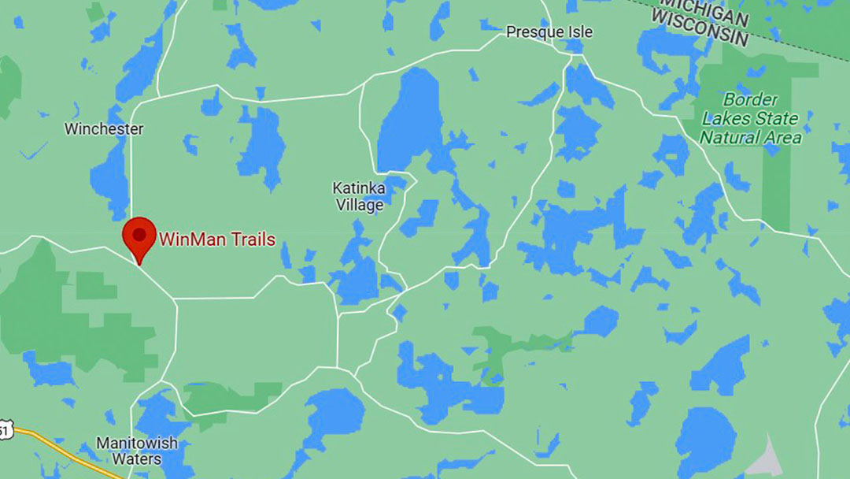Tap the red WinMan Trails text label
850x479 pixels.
[217, 239]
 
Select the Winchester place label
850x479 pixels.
[104, 128]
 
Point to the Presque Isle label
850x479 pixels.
[549, 32]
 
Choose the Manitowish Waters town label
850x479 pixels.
[137, 451]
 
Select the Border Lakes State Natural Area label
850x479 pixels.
[750, 119]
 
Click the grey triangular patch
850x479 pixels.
[762, 458]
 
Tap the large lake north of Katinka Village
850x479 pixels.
[409, 118]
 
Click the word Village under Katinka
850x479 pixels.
[360, 205]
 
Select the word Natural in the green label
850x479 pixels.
[729, 138]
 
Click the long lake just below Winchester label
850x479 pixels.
[110, 177]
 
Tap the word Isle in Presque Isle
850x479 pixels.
[578, 32]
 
